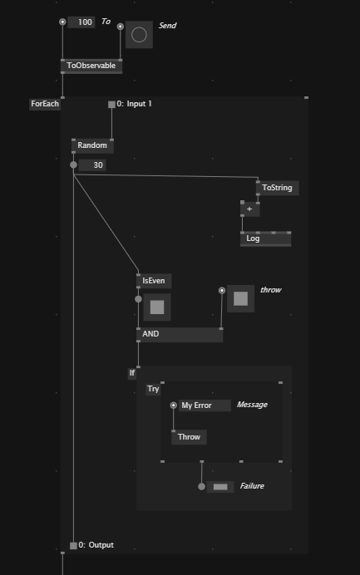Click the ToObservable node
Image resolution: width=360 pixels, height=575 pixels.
[x=91, y=66]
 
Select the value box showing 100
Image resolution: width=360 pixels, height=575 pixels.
[x=81, y=22]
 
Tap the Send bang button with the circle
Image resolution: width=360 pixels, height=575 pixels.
[x=139, y=35]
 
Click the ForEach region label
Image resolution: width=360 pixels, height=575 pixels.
[x=45, y=104]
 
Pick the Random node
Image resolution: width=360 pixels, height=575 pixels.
[x=92, y=145]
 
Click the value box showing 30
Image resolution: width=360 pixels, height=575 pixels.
[x=92, y=165]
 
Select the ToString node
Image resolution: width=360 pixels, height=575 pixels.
[x=277, y=188]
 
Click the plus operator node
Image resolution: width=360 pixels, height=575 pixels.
[x=250, y=209]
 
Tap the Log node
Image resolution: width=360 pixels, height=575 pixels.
[x=266, y=238]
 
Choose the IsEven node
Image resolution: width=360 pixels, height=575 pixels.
[x=154, y=281]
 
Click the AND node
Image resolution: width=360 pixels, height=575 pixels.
[x=180, y=334]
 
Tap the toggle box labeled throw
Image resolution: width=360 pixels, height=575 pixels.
[x=241, y=298]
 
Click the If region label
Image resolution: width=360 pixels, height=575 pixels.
[x=132, y=373]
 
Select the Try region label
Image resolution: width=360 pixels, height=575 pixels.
[x=153, y=389]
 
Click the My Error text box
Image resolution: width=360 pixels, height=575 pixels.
[x=205, y=405]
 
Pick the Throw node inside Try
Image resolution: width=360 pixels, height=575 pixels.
[x=189, y=437]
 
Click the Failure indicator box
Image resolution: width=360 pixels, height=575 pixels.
[x=220, y=487]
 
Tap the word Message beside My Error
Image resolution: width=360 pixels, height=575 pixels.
[x=252, y=405]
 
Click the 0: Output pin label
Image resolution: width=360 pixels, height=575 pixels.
[x=96, y=545]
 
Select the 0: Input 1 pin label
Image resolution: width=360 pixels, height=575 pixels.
[x=134, y=104]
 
